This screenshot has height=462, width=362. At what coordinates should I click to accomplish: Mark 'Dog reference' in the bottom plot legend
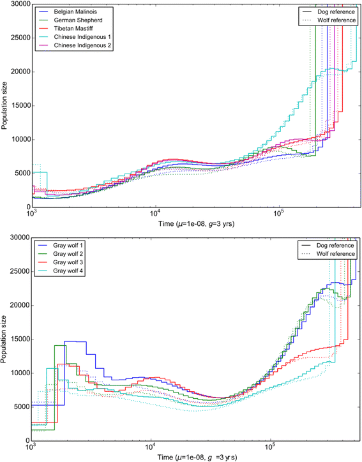(333, 246)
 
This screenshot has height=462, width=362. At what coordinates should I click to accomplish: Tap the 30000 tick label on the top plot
(19, 4)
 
